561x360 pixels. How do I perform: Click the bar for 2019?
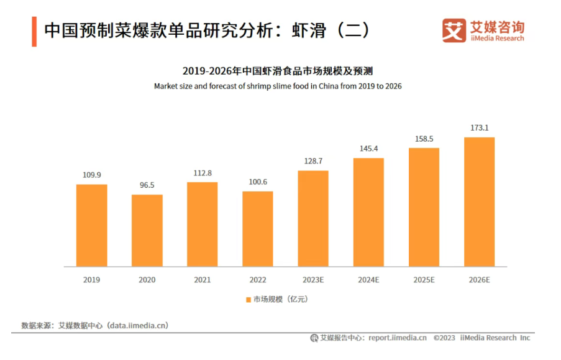coord(92,225)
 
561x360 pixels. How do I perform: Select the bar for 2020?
coord(147,230)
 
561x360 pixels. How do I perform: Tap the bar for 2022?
coord(258,228)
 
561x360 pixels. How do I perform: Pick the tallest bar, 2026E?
coord(480,201)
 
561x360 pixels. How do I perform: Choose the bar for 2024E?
coord(368,212)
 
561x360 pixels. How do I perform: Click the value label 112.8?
coord(203,173)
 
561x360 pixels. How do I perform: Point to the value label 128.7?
coord(313,162)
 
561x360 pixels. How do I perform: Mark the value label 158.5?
coord(424,139)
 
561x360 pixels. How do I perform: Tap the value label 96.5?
coord(147,185)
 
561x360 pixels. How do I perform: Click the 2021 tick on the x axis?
coord(203,280)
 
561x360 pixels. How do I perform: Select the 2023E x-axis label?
coord(313,280)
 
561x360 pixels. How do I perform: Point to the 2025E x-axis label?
coord(424,280)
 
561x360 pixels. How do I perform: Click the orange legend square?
coord(248,300)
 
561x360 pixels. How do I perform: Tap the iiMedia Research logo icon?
coord(454,30)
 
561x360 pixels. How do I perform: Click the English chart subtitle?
coord(278,86)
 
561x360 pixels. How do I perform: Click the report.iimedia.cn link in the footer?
coord(397,338)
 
